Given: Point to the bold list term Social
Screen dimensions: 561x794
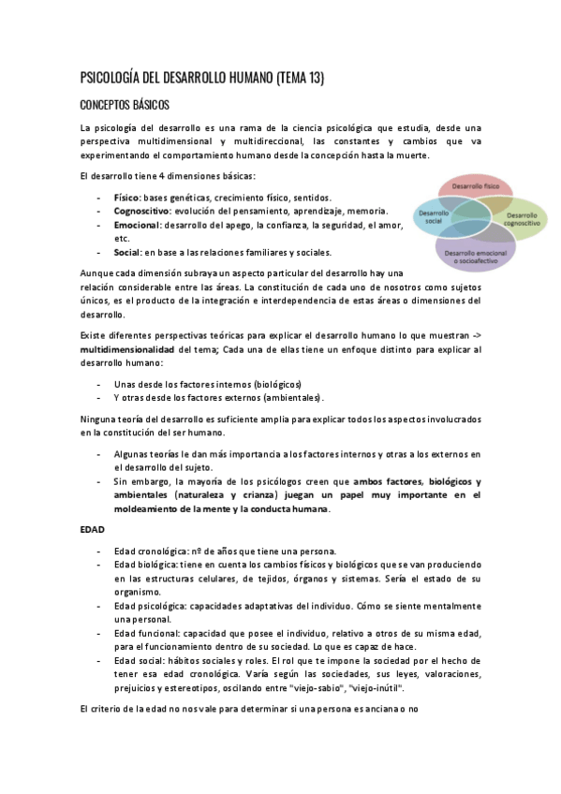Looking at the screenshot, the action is click(126, 252).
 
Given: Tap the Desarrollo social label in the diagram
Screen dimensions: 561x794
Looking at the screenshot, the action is click(433, 216).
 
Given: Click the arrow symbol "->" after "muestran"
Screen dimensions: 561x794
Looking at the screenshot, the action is click(474, 334).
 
